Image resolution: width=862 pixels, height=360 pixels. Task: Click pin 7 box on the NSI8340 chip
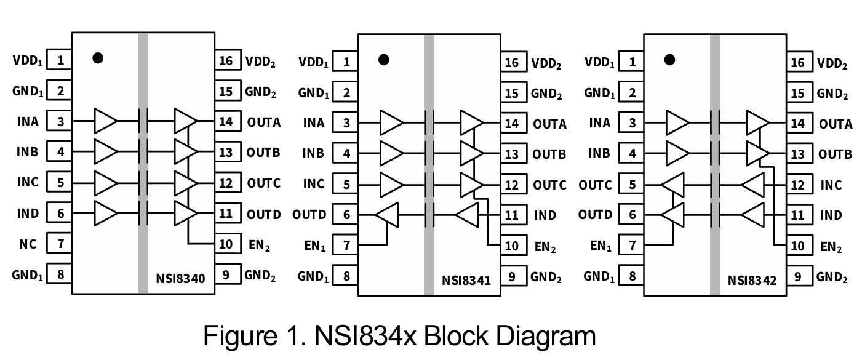[60, 244]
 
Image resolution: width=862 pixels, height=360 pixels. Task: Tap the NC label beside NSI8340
[28, 244]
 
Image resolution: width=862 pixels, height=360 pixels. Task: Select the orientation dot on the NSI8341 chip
[384, 60]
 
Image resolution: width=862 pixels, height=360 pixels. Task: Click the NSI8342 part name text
[752, 281]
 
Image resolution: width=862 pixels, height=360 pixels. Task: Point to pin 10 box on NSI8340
[226, 244]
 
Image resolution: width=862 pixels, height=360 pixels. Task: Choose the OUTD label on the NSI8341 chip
[309, 215]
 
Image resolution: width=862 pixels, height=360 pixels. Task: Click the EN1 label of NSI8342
[601, 246]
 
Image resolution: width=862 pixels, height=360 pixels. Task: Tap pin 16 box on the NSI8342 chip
[798, 63]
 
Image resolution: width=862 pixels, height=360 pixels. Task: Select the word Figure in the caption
[238, 337]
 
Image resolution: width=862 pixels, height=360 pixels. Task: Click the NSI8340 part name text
[180, 278]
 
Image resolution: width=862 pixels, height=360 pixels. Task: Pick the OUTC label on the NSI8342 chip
[595, 185]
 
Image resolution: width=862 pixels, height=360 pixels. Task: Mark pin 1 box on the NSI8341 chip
[346, 62]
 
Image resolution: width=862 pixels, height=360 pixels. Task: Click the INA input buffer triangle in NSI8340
[105, 121]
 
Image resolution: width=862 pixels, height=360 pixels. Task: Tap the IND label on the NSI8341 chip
[545, 215]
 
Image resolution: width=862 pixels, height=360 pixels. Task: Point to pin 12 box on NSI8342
[798, 185]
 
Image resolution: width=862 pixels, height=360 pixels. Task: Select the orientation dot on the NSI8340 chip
[97, 58]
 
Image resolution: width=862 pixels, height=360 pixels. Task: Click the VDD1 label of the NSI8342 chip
[599, 62]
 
